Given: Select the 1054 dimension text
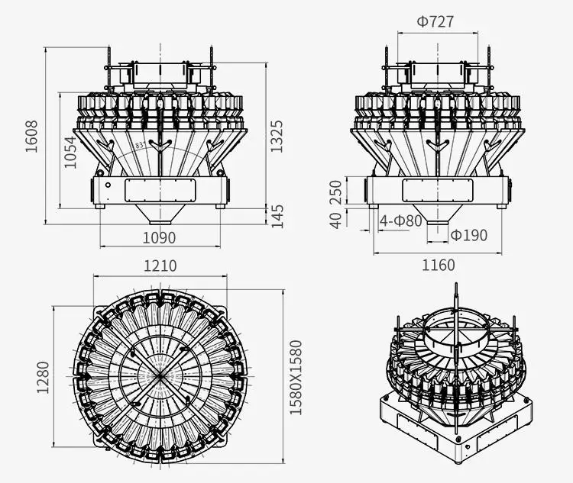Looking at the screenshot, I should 70,152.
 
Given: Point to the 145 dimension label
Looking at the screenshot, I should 277,215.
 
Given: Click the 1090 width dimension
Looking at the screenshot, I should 159,238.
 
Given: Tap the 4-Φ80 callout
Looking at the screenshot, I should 401,221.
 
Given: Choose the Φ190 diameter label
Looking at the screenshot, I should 468,235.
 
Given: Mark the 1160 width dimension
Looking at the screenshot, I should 438,266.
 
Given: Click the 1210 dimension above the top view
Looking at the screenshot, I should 160,266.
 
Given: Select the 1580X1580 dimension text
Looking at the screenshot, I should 296,377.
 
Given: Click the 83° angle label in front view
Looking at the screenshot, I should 140,144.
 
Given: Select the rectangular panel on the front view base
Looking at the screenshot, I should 160,190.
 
